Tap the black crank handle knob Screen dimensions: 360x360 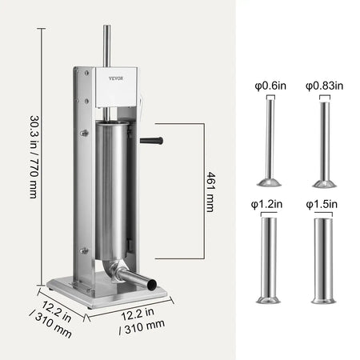152,141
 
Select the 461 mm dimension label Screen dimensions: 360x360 210,191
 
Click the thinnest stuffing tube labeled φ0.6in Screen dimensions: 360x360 268,140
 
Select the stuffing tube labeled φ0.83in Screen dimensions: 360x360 324,140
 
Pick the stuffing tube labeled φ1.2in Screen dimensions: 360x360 268,256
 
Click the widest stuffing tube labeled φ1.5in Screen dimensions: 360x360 324,256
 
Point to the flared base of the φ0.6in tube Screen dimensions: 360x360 268,182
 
